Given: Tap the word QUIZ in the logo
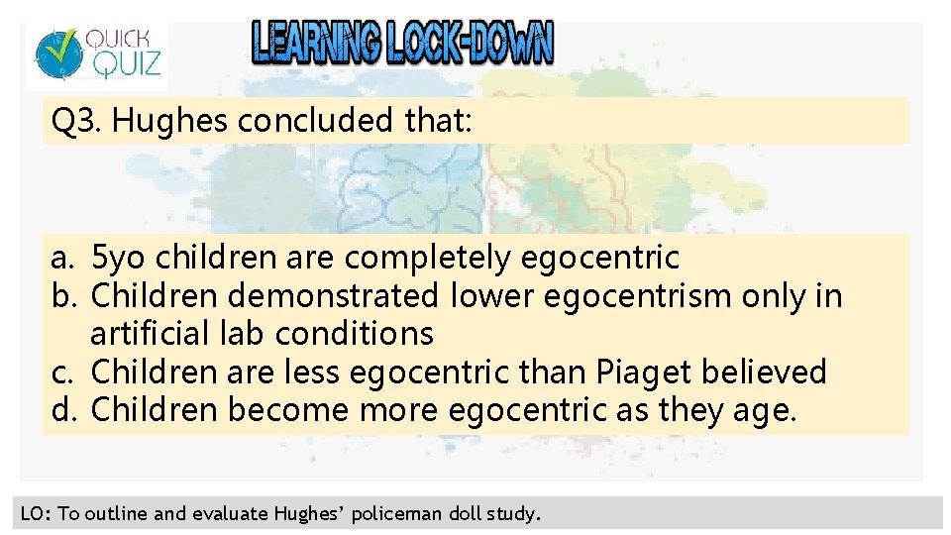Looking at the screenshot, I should click(122, 65).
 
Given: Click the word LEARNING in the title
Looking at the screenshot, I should click(314, 44).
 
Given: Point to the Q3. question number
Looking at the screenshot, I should click(78, 122).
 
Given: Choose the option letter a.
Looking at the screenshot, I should click(62, 259).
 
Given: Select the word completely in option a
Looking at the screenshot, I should click(429, 259).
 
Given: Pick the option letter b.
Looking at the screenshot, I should click(62, 296).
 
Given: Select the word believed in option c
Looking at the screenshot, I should click(766, 373).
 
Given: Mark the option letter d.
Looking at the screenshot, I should click(62, 410).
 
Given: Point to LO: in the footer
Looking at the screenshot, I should click(36, 513).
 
